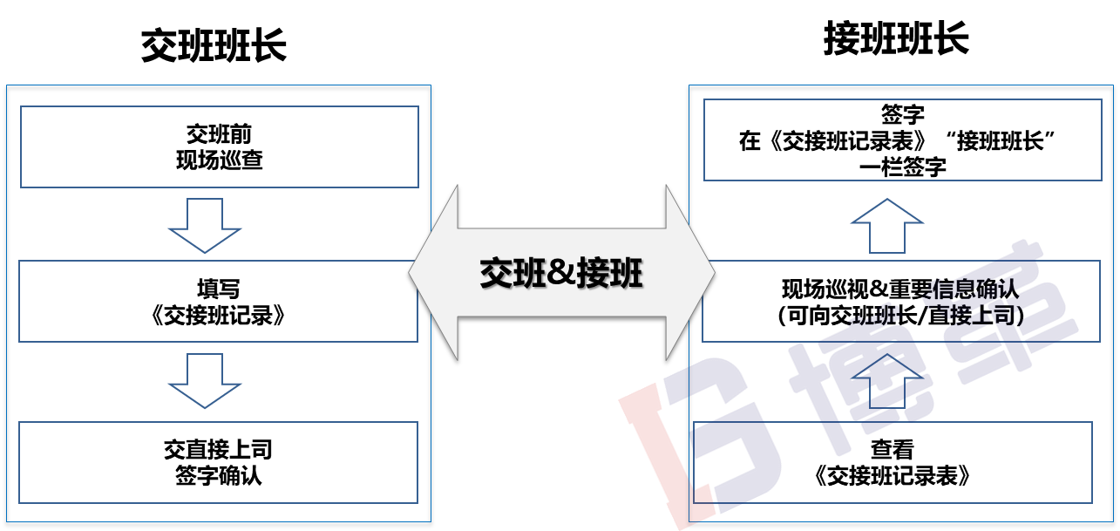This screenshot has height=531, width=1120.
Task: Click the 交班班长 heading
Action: (214, 45)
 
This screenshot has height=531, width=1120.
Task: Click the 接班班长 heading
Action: (896, 40)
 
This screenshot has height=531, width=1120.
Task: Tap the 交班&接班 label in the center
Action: (561, 274)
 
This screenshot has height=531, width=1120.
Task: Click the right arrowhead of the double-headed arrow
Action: (690, 273)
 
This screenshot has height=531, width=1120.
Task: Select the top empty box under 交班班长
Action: (219, 146)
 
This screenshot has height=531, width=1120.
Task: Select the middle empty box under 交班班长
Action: (218, 301)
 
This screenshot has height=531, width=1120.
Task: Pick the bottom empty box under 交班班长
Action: (218, 462)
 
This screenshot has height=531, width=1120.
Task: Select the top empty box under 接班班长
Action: (902, 140)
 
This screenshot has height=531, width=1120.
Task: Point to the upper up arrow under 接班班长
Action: (886, 226)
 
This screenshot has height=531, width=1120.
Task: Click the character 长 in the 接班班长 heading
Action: (952, 40)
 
